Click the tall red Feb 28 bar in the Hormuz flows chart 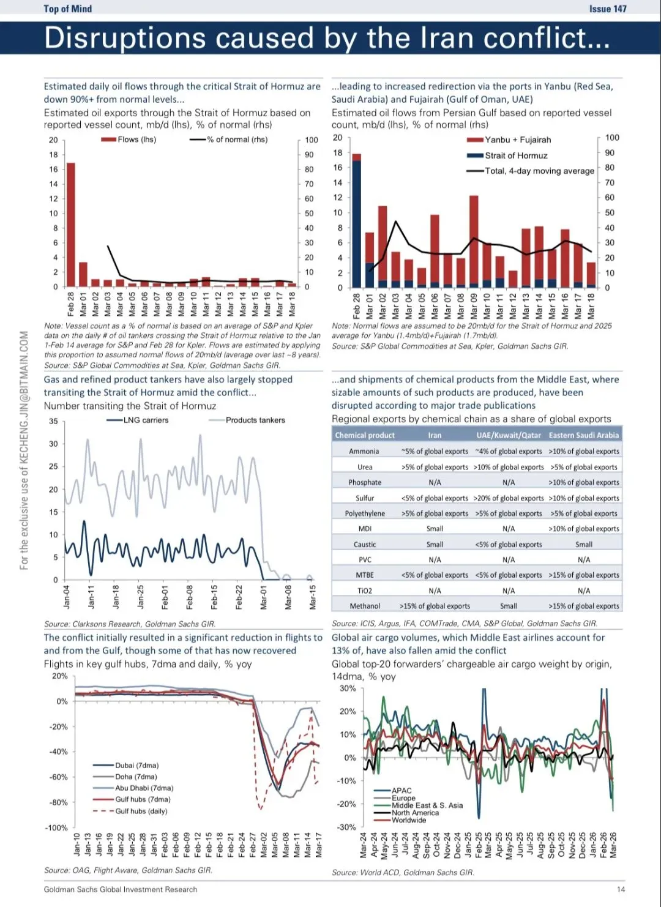pos(71,224)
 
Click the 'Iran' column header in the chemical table pos(435,435)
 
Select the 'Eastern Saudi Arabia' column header pos(583,435)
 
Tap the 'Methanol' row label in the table pos(365,606)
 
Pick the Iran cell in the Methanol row pos(435,606)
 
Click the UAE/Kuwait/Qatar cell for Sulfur pos(509,498)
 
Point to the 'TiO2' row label pos(365,591)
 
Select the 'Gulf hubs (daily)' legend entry pos(141,811)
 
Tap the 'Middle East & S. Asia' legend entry pos(427,805)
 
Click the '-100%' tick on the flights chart pos(56,827)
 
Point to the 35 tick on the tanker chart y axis pos(53,421)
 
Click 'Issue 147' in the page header pos(608,9)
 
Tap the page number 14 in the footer pos(621,889)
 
